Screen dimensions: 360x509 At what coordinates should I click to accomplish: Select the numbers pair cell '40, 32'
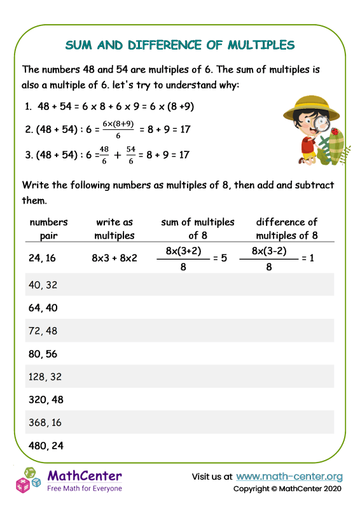44,285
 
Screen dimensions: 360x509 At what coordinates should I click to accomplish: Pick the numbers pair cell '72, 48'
44,331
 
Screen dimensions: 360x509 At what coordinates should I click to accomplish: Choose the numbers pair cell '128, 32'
46,377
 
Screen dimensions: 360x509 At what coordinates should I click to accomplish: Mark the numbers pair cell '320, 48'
46,400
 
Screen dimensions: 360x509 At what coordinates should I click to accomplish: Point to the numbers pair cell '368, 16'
46,422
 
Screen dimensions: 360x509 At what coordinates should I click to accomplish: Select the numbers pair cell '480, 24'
46,445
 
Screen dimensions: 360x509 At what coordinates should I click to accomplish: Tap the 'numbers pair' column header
49,228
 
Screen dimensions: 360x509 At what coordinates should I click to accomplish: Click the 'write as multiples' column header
114,228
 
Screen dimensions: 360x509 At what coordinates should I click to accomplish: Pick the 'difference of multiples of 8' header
286,228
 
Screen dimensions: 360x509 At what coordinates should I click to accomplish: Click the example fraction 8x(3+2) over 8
183,259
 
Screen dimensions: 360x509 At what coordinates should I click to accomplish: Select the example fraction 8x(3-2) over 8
268,259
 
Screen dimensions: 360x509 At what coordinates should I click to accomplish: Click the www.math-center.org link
289,476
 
